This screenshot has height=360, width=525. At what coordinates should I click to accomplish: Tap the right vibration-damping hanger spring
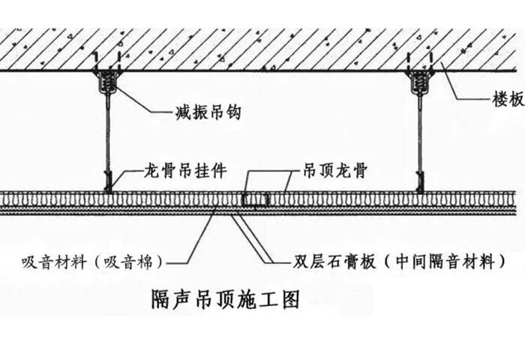(x=418, y=79)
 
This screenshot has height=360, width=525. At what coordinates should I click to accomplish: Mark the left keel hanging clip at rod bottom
(x=109, y=181)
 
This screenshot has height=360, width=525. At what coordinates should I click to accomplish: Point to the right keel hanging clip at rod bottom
(x=419, y=181)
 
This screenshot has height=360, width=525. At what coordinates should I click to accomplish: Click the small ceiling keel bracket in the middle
(x=255, y=199)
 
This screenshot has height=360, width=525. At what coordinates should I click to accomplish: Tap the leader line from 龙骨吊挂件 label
(x=127, y=172)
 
